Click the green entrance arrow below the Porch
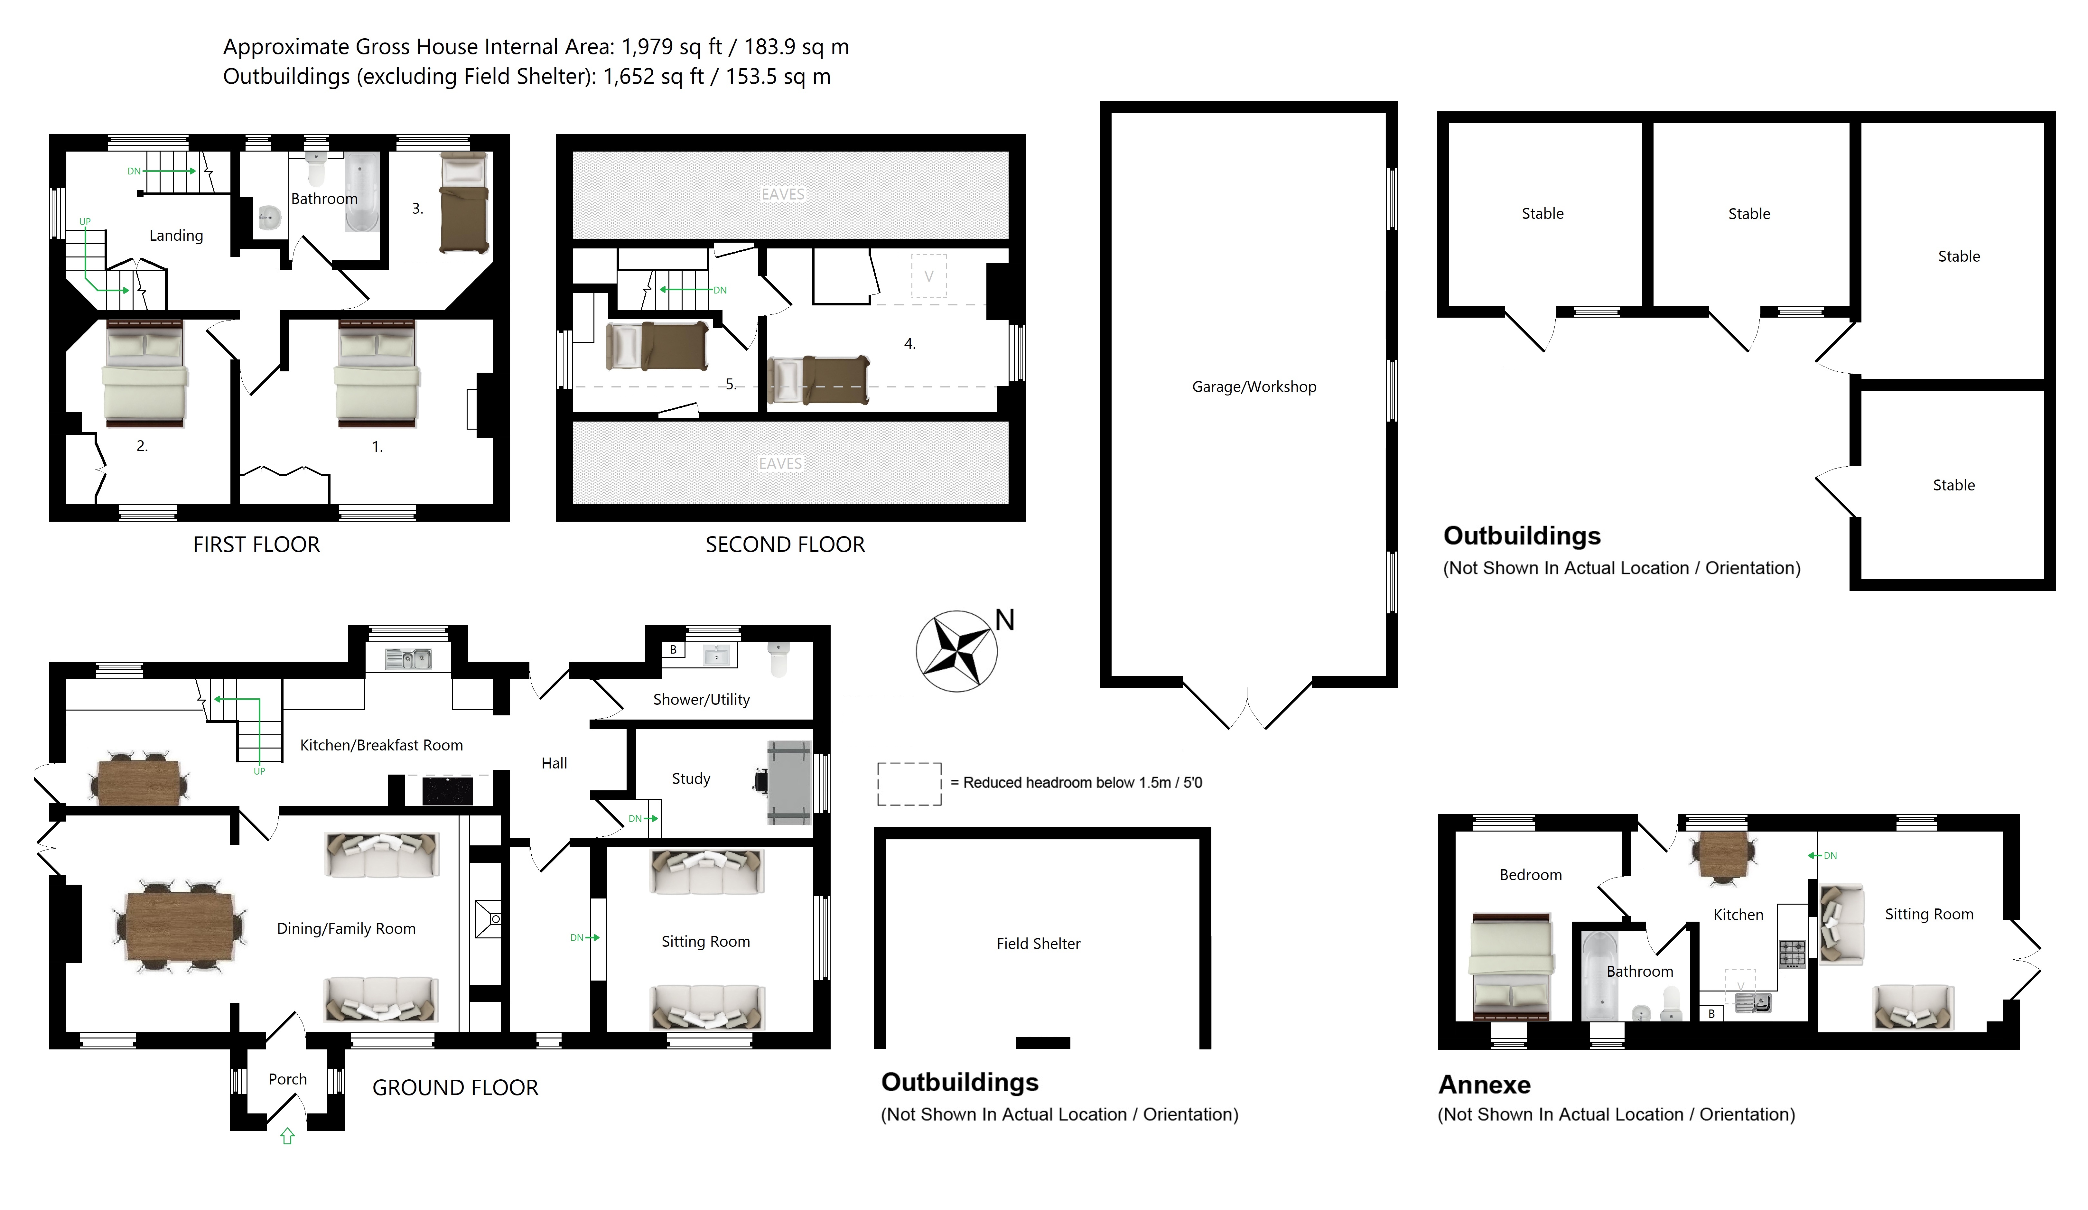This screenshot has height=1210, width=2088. [x=287, y=1136]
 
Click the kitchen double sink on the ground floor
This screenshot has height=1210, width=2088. [x=408, y=659]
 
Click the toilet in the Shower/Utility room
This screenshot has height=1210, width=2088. [x=778, y=661]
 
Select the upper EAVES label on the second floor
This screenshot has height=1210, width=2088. [x=783, y=194]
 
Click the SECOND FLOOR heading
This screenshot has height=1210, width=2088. [x=785, y=544]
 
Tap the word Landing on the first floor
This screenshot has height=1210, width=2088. [x=176, y=235]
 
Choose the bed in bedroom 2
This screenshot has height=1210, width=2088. [x=145, y=373]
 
